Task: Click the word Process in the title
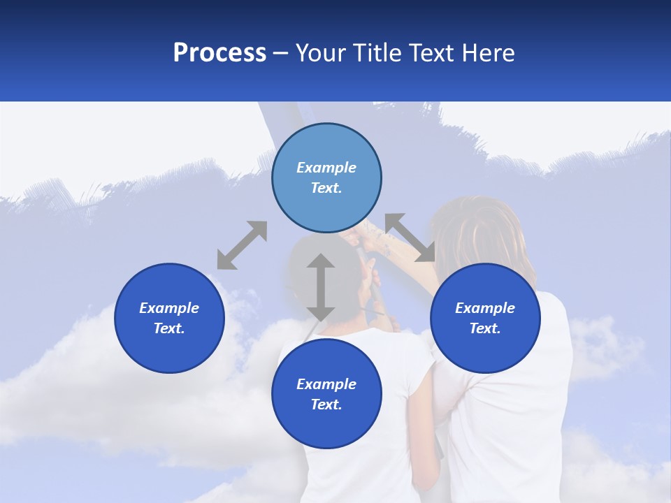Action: [219, 53]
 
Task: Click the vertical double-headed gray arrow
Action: [321, 287]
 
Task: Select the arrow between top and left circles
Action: [242, 245]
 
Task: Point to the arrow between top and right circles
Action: [410, 238]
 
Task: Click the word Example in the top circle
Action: [326, 168]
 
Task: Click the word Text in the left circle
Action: [169, 328]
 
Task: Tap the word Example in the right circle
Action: [485, 308]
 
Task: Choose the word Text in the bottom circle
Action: [326, 404]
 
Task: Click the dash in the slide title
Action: [280, 53]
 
